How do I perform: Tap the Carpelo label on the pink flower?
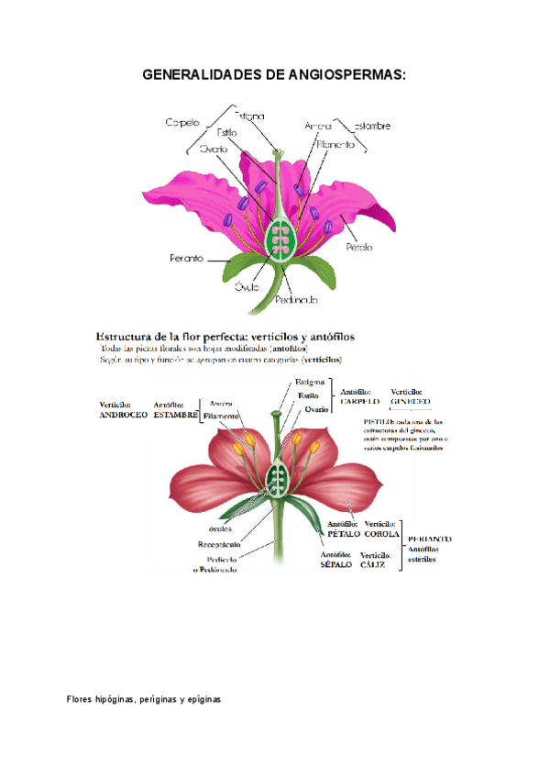click(x=183, y=122)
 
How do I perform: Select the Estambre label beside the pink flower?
click(x=370, y=125)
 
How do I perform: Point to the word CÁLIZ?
click(x=373, y=565)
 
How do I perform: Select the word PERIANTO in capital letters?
click(x=430, y=539)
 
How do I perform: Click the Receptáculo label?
click(x=219, y=545)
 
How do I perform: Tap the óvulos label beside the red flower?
click(x=220, y=528)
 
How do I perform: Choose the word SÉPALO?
click(x=335, y=565)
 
